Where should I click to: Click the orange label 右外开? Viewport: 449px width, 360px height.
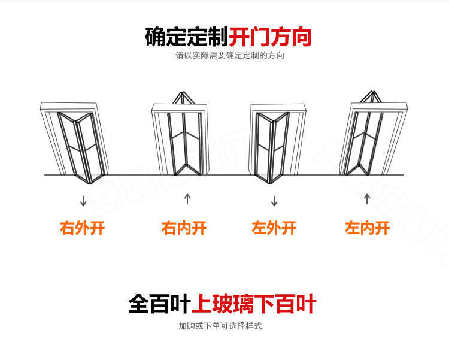83,228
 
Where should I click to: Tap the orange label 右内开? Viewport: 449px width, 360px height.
184,228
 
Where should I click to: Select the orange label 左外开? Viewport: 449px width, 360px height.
274,228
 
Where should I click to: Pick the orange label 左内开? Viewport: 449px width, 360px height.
367,228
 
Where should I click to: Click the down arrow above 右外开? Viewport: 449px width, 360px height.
83,200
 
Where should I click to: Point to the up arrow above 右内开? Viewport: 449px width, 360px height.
187,199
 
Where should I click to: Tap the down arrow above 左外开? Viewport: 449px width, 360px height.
274,200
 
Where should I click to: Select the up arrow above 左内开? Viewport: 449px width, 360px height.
367,199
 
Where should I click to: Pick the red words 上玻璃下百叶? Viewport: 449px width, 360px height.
254,304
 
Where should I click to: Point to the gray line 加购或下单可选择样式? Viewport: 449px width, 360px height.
220,326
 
